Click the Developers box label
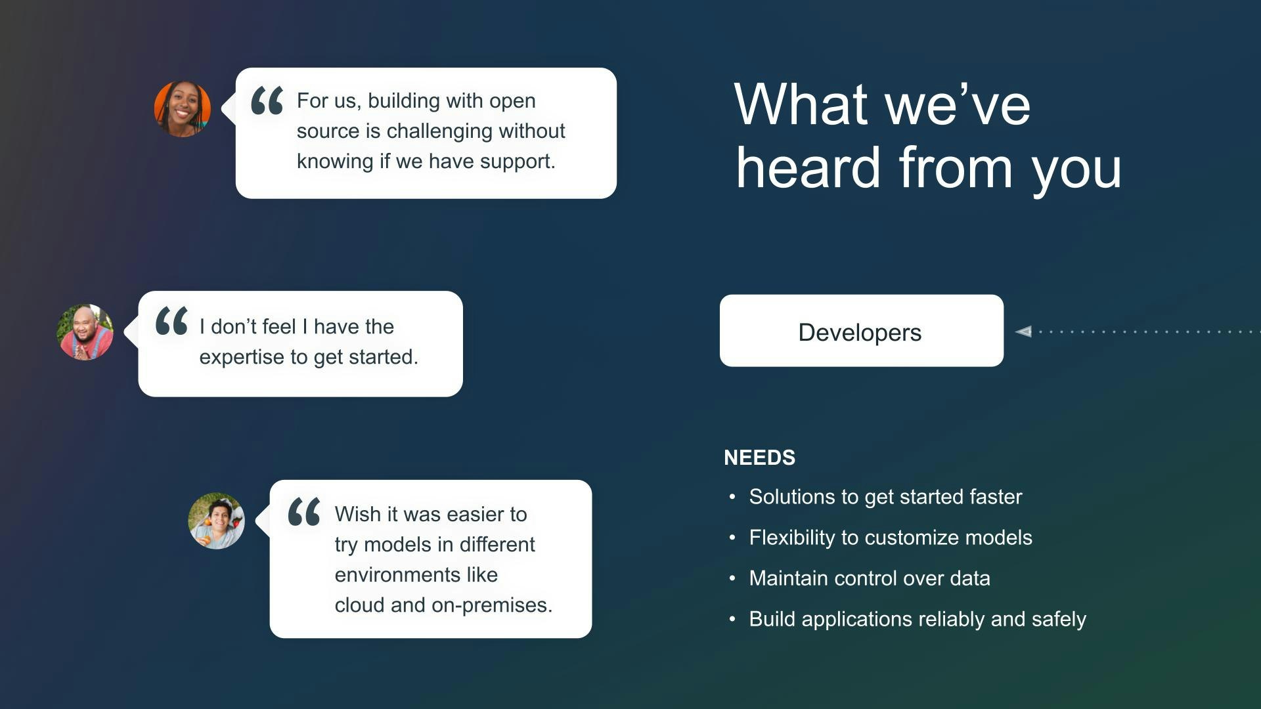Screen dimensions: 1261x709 pos(860,333)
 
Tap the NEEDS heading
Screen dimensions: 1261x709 pos(759,458)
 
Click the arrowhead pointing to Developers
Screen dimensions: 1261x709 pos(1023,332)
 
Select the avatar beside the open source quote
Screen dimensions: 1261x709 pos(183,109)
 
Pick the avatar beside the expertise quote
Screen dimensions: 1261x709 pos(85,332)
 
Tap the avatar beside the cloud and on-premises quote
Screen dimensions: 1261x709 pos(217,521)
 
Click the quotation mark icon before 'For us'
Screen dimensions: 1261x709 pos(267,100)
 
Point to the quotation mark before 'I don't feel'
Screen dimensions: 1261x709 pos(172,321)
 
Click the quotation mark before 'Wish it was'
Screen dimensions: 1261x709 pos(304,511)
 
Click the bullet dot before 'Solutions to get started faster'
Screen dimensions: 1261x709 pos(732,497)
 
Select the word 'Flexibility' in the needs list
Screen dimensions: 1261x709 pos(792,538)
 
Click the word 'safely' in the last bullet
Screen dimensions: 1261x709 pos(1059,619)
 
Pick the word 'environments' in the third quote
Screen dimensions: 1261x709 pos(397,575)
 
